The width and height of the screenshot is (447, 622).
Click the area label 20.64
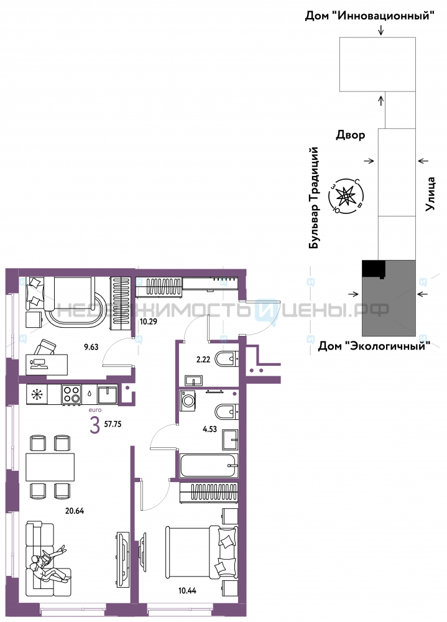[x=75, y=511]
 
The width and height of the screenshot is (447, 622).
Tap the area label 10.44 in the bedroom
[x=187, y=591]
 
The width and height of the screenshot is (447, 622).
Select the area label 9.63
[x=91, y=346]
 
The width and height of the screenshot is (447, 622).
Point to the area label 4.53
[x=210, y=429]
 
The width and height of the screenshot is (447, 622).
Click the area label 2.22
[x=203, y=360]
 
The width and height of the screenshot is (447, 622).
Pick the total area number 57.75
[x=113, y=424]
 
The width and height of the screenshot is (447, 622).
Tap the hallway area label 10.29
[x=149, y=322]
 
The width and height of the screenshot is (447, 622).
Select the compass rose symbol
[x=345, y=196]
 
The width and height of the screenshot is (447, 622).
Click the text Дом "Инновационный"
[x=369, y=16]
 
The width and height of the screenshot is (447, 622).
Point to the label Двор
[x=351, y=135]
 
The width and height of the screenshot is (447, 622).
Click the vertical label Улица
[x=430, y=193]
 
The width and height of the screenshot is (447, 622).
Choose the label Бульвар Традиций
[x=314, y=198]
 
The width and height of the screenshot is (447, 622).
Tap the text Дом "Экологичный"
[x=374, y=346]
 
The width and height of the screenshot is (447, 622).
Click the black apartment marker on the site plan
[x=374, y=268]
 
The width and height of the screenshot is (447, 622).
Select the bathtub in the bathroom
[x=209, y=466]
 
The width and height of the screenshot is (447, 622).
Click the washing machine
[x=188, y=401]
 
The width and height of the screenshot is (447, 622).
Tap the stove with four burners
[x=71, y=395]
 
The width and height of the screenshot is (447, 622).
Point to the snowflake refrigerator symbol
[x=37, y=395]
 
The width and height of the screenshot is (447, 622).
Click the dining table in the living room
[x=50, y=467]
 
